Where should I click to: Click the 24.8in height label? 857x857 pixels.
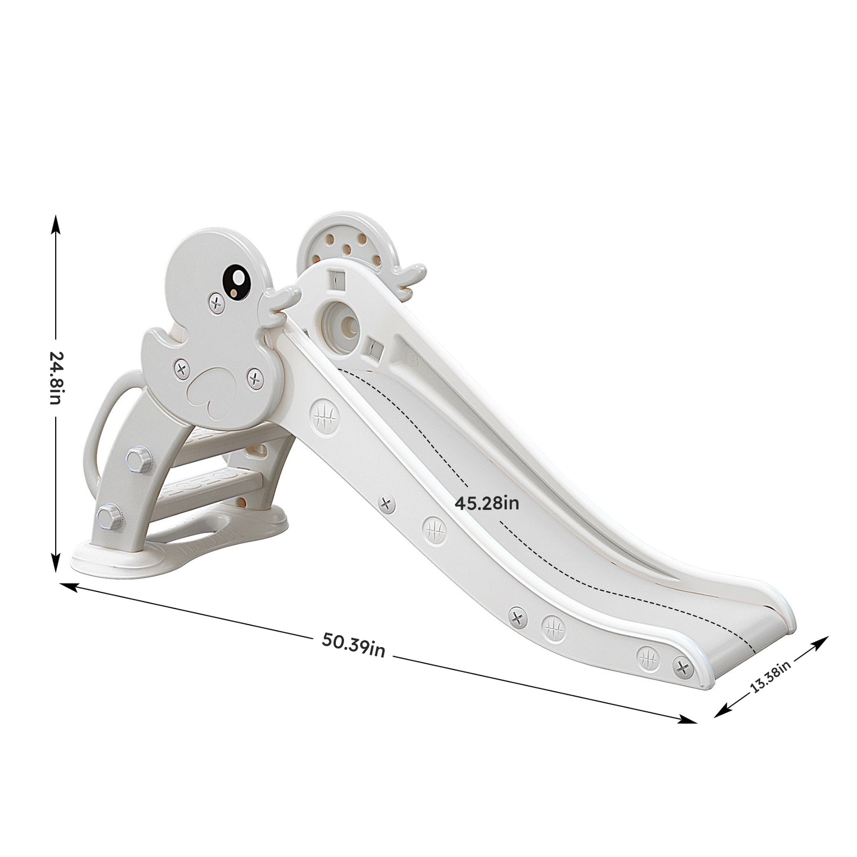tap(56, 377)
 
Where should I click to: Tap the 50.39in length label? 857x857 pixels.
tap(353, 645)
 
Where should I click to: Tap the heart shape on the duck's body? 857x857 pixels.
tap(208, 394)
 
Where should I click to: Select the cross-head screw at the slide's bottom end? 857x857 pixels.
tap(683, 668)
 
